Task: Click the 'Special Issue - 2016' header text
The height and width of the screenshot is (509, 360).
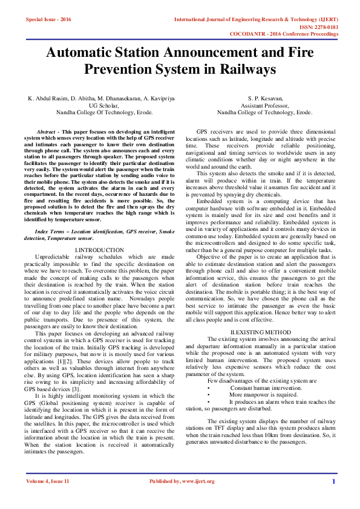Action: pyautogui.click(x=49, y=19)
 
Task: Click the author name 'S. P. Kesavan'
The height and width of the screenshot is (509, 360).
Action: pyautogui.click(x=265, y=98)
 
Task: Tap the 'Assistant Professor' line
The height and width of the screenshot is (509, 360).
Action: pyautogui.click(x=265, y=105)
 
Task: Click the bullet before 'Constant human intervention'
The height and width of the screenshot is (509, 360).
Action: pyautogui.click(x=209, y=387)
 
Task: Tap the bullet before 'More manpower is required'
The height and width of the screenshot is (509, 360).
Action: pyautogui.click(x=209, y=394)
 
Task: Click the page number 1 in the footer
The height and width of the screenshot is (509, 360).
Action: pyautogui.click(x=333, y=498)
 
